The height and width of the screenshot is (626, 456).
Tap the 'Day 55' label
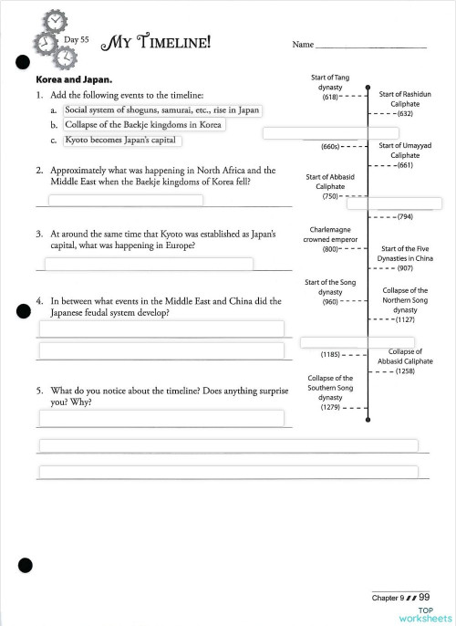[x=78, y=39]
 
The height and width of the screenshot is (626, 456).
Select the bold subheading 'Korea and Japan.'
[x=73, y=79]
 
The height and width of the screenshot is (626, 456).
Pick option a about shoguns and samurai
[x=162, y=110]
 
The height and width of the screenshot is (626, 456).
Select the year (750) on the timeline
[x=330, y=196]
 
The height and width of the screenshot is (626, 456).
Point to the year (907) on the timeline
[x=405, y=268]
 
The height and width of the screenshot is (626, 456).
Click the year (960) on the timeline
[x=330, y=302]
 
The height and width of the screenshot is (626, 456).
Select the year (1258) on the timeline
[x=405, y=371]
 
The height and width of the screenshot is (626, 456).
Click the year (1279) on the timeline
[x=330, y=407]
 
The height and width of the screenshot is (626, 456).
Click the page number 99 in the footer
[x=424, y=597]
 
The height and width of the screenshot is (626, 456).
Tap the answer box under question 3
[x=149, y=264]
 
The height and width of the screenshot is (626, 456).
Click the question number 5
[x=40, y=390]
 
